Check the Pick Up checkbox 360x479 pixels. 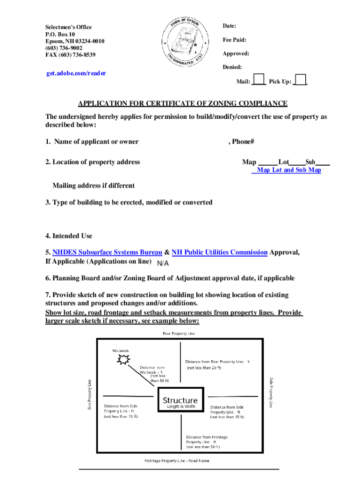click(301, 80)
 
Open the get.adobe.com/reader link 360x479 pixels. click(76, 73)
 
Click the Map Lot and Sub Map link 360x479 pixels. click(288, 170)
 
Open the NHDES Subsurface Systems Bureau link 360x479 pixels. click(108, 253)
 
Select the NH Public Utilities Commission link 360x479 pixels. click(220, 253)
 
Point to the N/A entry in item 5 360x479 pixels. click(163, 263)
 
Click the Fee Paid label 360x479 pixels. click(235, 40)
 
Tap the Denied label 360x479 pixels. click(232, 67)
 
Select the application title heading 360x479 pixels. click(183, 103)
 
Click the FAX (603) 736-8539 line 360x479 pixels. click(70, 55)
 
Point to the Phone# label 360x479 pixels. click(241, 142)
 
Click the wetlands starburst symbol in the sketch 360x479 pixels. click(123, 359)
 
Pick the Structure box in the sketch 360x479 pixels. click(180, 400)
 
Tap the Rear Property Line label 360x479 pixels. click(179, 334)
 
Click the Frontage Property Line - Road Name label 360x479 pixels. click(177, 461)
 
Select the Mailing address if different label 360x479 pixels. click(94, 186)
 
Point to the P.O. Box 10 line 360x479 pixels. click(60, 35)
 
